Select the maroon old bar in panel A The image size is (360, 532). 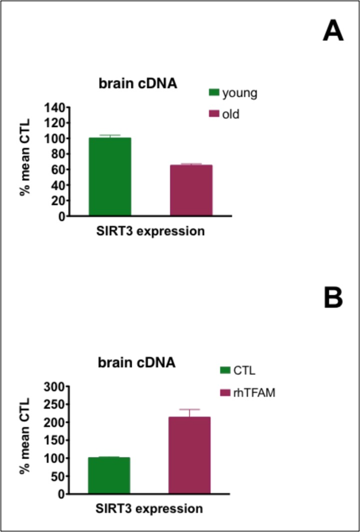(x=191, y=190)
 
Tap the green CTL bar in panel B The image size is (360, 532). (x=108, y=475)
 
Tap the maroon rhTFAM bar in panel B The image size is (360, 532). (x=189, y=455)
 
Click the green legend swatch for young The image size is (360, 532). (x=214, y=93)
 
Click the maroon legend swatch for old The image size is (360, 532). (x=214, y=115)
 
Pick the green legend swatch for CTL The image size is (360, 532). (x=224, y=371)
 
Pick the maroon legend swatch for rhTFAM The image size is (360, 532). (x=224, y=393)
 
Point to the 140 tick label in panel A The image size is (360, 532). (x=55, y=107)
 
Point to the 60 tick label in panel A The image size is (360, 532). (x=58, y=170)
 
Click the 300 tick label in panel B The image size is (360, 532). (x=55, y=386)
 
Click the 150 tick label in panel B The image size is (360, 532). (x=55, y=440)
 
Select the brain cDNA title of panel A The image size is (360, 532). (x=137, y=84)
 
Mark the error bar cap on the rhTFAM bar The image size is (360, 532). (x=189, y=409)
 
